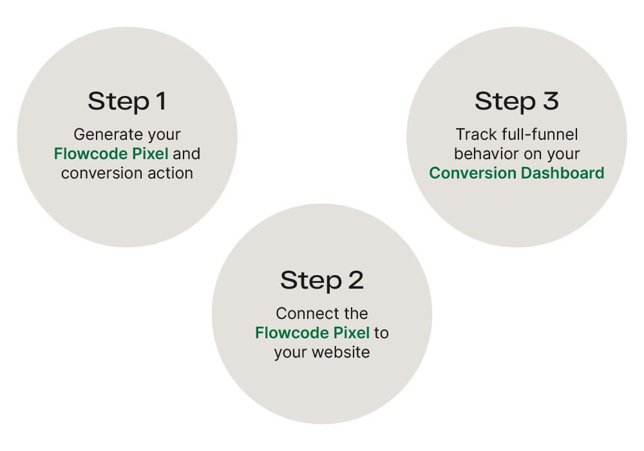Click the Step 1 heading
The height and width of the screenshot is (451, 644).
[x=127, y=101]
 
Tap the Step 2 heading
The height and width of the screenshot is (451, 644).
[x=321, y=280]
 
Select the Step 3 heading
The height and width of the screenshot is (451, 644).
[x=516, y=101]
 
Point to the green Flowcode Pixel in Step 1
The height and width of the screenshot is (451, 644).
[x=111, y=154]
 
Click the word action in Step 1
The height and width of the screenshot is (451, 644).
[x=171, y=173]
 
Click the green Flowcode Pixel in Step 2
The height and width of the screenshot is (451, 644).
[x=312, y=333]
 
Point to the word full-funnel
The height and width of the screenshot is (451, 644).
[x=537, y=135]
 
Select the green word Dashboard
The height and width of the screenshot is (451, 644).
[x=563, y=173]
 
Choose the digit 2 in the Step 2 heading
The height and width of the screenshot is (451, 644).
[x=355, y=280]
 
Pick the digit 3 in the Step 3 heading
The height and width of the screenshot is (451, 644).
[x=550, y=101]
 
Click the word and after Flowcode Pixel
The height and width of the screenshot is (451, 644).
[x=186, y=154]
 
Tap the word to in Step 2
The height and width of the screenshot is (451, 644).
[x=382, y=333]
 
